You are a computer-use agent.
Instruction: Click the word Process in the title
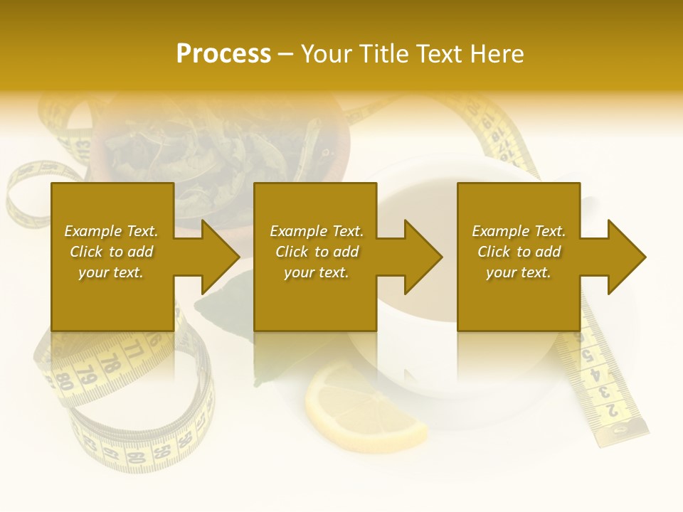click(x=223, y=54)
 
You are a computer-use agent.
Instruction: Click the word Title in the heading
click(x=386, y=54)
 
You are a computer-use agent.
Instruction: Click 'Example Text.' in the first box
click(x=111, y=231)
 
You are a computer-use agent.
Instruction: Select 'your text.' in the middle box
click(x=316, y=272)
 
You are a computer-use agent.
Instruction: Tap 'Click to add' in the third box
click(x=519, y=252)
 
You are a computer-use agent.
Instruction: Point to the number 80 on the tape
click(x=65, y=383)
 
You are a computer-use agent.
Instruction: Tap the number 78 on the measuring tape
click(x=110, y=365)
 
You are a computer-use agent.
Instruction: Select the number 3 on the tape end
click(x=605, y=391)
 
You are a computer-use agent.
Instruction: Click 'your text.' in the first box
click(x=111, y=272)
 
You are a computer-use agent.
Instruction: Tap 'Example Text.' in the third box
click(x=519, y=231)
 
